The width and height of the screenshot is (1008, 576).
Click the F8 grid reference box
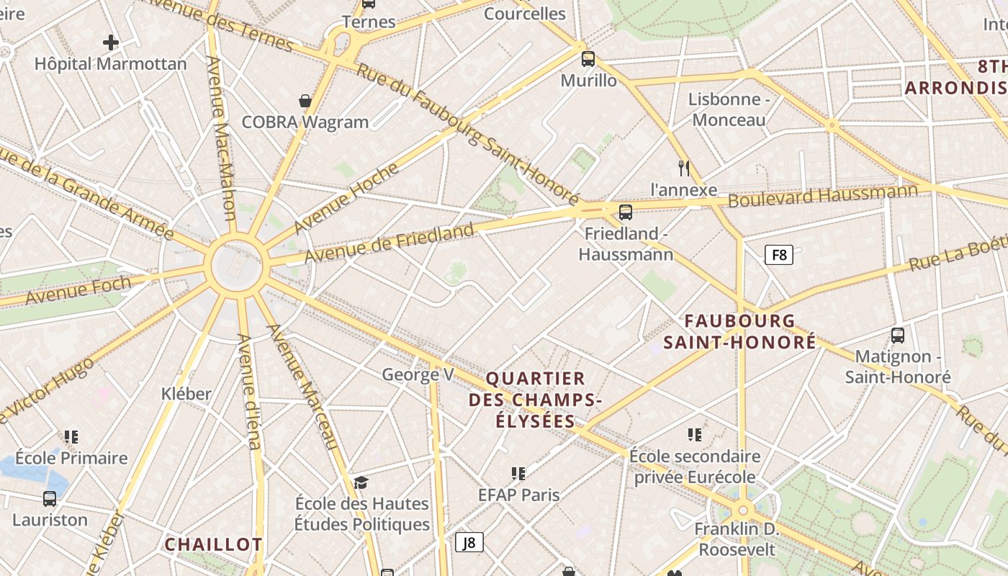[x=778, y=254]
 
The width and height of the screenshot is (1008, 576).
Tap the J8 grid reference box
[x=469, y=542]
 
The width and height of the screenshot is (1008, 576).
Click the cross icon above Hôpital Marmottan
[x=110, y=42]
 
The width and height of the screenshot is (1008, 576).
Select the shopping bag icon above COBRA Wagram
[x=305, y=101]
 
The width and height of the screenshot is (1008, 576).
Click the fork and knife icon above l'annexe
[x=684, y=168]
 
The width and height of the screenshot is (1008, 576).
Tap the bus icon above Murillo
[x=588, y=59]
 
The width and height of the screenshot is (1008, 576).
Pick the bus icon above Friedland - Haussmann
[x=626, y=212]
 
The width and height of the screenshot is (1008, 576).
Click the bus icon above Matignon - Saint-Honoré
[x=897, y=335]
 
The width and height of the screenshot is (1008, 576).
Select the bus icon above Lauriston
[x=50, y=498]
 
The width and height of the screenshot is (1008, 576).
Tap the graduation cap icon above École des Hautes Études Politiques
[x=361, y=482]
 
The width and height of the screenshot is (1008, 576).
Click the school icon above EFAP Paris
[x=518, y=473]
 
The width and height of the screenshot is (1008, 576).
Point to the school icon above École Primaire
[x=71, y=436]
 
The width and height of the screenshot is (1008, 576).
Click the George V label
[x=418, y=374]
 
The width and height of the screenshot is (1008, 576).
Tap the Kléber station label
[x=186, y=393]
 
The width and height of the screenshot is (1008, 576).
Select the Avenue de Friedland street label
[x=389, y=243]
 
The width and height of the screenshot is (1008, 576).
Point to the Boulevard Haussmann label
[x=822, y=195]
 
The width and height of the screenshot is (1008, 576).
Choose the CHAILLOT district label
[x=213, y=544]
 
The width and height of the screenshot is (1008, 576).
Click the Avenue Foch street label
[x=78, y=289]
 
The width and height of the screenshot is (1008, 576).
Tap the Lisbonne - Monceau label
[x=729, y=109]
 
